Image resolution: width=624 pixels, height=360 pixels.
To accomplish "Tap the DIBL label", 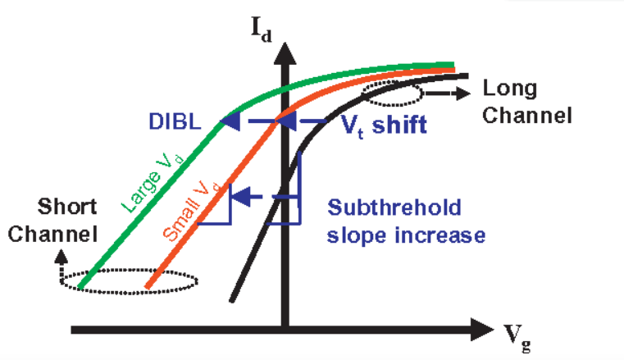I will [173, 121].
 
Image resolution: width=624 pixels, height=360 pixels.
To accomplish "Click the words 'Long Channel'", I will [526, 102].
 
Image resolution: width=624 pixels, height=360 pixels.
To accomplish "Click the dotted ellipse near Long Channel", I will [391, 93].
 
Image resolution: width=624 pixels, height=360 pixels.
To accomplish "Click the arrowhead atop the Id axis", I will [285, 52].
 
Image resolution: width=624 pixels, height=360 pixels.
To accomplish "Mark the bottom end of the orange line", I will [146, 288].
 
